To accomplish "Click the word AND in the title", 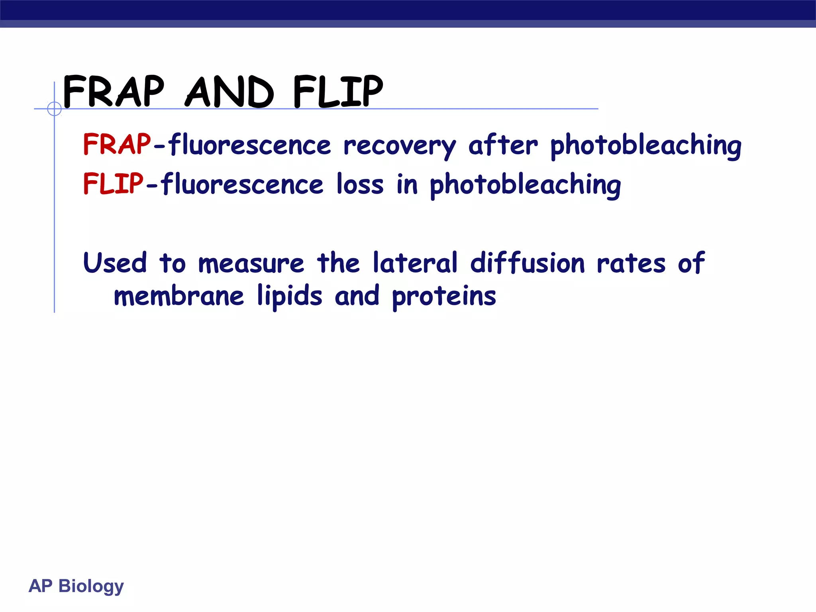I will (x=230, y=92).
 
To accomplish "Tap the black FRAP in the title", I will (x=114, y=92).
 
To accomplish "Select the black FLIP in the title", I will (x=338, y=92).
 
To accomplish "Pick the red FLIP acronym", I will (x=113, y=184).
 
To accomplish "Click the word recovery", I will (x=399, y=146).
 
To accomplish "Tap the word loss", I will (x=360, y=184).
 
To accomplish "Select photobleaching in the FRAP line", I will (x=645, y=146).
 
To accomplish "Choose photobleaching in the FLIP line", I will (x=525, y=185).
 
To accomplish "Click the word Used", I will (x=115, y=263).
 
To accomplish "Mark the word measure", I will (x=251, y=264).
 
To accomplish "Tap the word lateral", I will (x=415, y=263).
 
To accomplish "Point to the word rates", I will (x=631, y=264).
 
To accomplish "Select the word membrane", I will (x=178, y=296).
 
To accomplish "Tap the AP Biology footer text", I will (x=76, y=586).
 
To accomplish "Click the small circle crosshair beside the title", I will (x=54, y=108).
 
